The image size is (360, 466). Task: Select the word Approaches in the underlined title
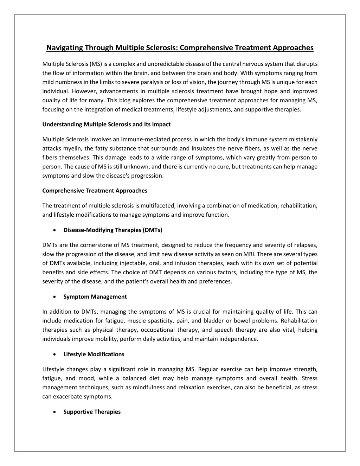294,47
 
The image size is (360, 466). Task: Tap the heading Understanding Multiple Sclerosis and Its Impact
106,124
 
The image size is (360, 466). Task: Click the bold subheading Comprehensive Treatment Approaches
95,191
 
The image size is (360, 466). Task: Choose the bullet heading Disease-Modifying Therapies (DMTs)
112,230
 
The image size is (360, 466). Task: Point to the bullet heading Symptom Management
95,296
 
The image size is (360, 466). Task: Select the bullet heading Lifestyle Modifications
94,354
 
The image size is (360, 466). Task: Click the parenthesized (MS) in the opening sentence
96,64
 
